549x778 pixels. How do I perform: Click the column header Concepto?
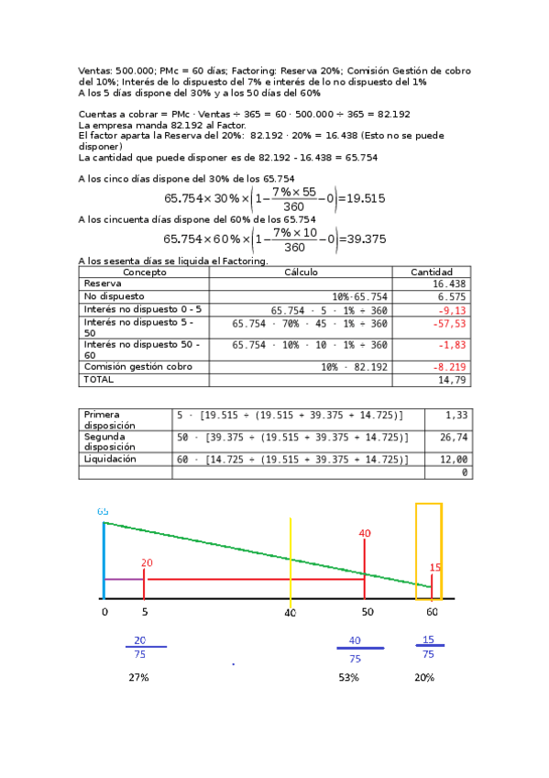point(145,272)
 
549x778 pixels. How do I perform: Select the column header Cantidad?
point(431,272)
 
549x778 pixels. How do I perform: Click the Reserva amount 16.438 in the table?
point(450,284)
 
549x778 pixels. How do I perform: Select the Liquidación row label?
point(110,459)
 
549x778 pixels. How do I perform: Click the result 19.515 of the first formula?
point(366,197)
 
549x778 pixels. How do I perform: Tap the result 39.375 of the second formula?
point(367,239)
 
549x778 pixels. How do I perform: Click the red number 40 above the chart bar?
point(365,533)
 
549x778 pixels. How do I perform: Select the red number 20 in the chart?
point(148,562)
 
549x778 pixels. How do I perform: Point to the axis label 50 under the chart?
point(367,612)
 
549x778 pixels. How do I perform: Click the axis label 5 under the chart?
point(145,612)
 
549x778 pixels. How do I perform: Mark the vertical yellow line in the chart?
point(291,560)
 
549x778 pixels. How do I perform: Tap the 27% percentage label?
point(138,677)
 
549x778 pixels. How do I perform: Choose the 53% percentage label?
point(348,677)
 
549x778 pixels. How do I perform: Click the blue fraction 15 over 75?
point(428,647)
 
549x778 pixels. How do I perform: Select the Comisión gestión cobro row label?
point(128,366)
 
